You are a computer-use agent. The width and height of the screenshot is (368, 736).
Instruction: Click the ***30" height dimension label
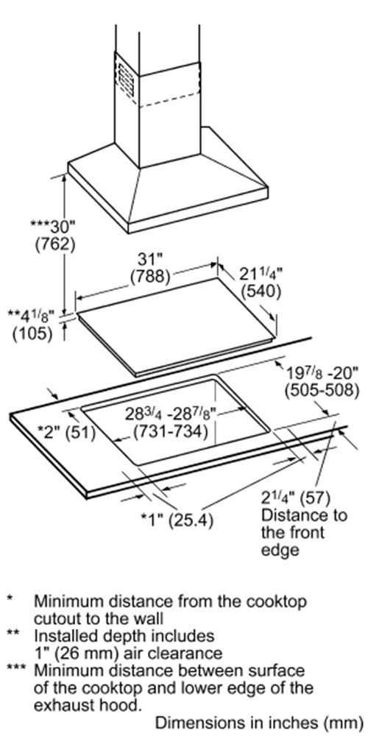pyautogui.click(x=52, y=227)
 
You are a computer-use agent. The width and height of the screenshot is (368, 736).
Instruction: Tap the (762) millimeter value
pyautogui.click(x=55, y=246)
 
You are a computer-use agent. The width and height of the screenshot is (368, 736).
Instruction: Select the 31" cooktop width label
pyautogui.click(x=149, y=260)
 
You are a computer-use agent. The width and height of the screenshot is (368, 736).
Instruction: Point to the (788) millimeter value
pyautogui.click(x=149, y=277)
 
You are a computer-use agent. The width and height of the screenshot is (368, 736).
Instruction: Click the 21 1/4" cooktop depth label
pyautogui.click(x=261, y=274)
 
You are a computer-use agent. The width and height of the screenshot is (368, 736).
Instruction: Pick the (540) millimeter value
pyautogui.click(x=261, y=292)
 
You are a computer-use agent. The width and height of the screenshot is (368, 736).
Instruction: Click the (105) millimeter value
pyautogui.click(x=32, y=333)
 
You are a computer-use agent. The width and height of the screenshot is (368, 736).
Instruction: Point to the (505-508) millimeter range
pyautogui.click(x=322, y=391)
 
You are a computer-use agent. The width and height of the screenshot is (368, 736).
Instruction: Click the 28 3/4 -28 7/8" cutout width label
pyautogui.click(x=169, y=414)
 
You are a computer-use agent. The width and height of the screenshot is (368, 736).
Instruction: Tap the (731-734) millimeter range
pyautogui.click(x=171, y=431)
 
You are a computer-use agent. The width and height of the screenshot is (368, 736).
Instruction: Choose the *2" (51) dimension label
pyautogui.click(x=66, y=433)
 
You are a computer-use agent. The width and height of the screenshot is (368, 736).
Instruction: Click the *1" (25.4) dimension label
pyautogui.click(x=178, y=520)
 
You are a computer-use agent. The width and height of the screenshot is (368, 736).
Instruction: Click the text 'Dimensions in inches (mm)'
pyautogui.click(x=259, y=723)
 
